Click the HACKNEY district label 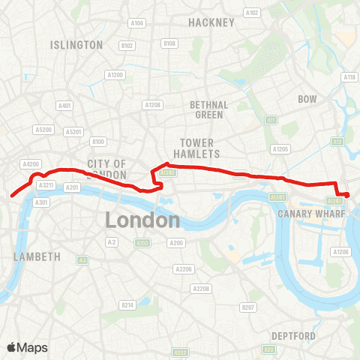[x=211, y=22]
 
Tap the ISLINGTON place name [x=76, y=45]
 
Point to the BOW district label [x=307, y=99]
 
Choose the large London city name [x=142, y=220]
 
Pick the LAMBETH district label [x=37, y=256]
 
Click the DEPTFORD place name [x=294, y=335]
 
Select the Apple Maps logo [x=27, y=347]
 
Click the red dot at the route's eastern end [x=346, y=196]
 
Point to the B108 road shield [x=169, y=44]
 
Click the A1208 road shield [x=153, y=105]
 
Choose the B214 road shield [x=128, y=305]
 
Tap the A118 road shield [x=349, y=77]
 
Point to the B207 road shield [x=247, y=307]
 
